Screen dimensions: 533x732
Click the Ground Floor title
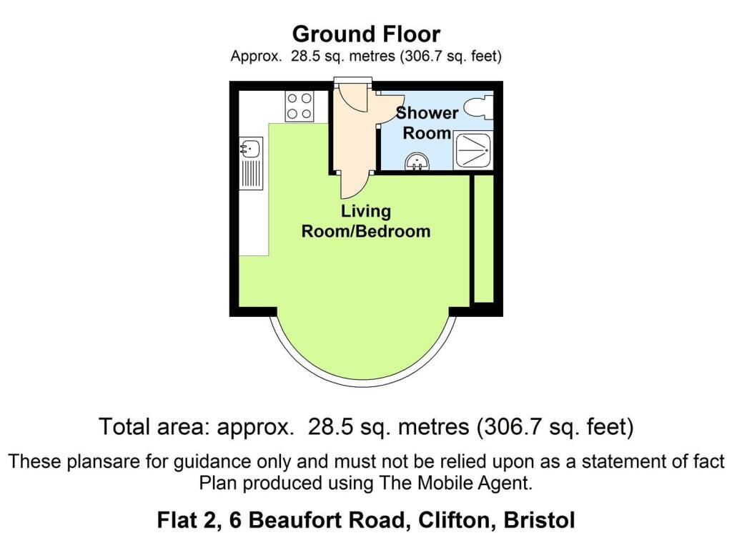[366, 34]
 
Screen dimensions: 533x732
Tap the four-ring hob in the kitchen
[299, 107]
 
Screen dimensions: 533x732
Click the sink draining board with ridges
[252, 174]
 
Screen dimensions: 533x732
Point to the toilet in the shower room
[478, 109]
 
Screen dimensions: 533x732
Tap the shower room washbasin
[416, 162]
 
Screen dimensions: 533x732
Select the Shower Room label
[427, 122]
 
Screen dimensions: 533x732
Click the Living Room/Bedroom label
[366, 221]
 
